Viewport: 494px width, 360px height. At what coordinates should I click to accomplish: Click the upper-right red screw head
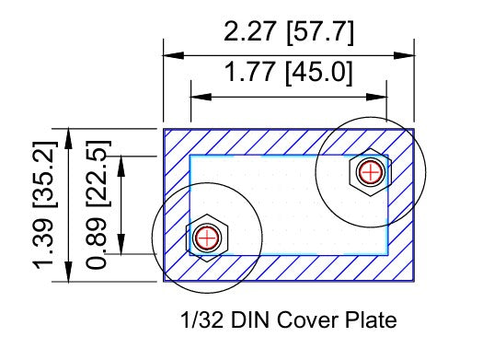coord(370,171)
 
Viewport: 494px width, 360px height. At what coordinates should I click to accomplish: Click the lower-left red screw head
coord(207,237)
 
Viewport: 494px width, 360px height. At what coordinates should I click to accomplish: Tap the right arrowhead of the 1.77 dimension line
coord(379,95)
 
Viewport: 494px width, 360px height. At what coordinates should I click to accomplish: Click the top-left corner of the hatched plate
coord(165,129)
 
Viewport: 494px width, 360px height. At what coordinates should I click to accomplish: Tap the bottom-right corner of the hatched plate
coord(414,281)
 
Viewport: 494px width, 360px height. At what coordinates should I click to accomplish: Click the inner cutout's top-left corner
coord(190,156)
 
